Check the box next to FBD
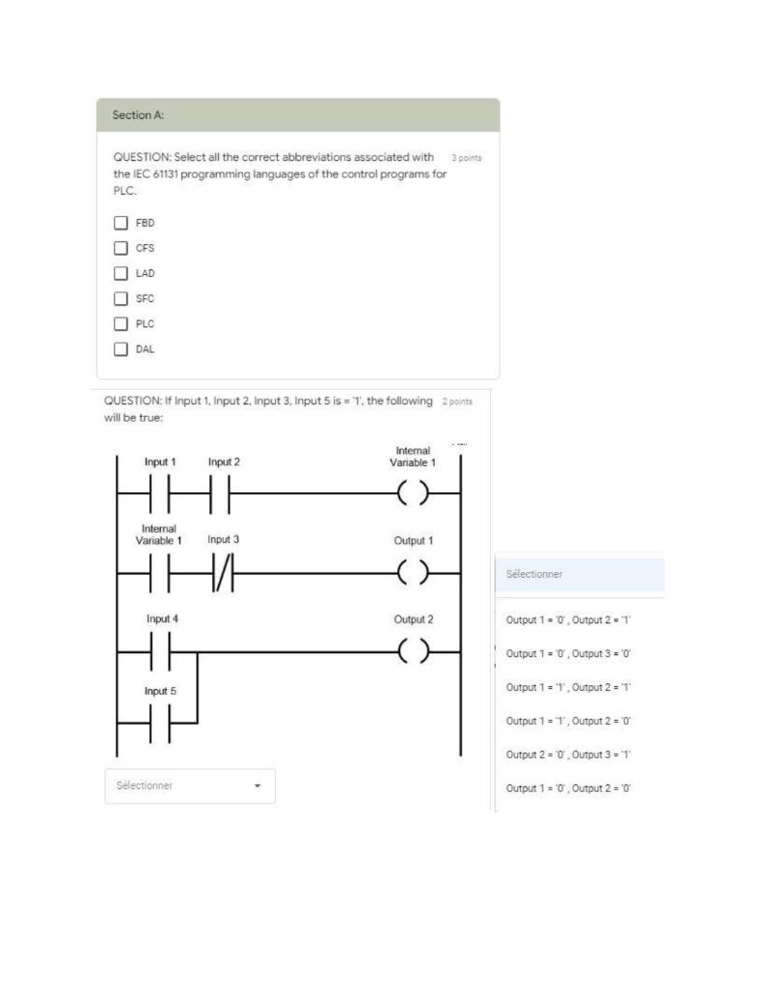121,222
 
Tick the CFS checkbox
121,248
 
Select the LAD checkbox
121,273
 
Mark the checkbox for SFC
121,298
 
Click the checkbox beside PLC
121,324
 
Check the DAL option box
121,349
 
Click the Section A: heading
138,115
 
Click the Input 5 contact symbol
160,723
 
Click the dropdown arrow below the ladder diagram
258,786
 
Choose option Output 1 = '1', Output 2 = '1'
568,687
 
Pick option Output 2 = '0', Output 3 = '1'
568,755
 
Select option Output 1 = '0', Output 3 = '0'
568,653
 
